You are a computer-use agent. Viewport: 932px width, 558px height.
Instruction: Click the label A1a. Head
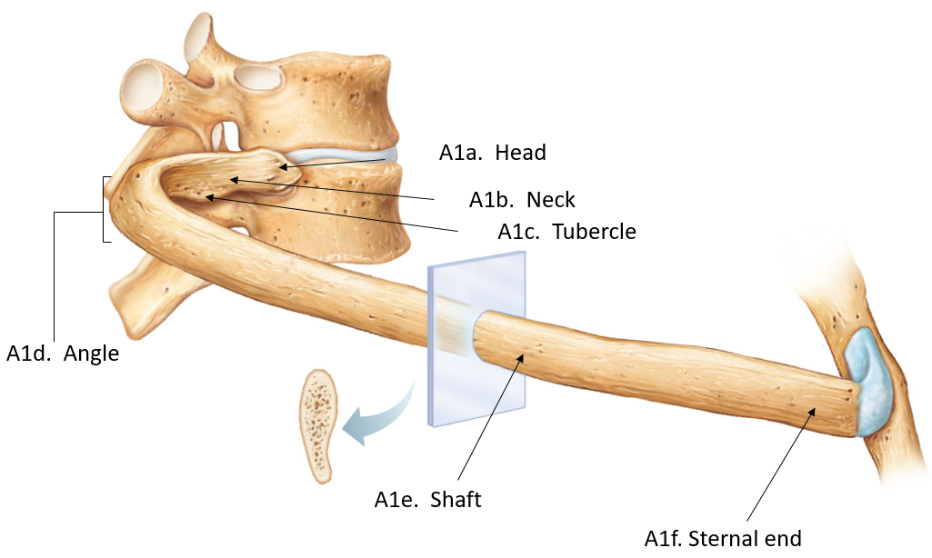click(x=492, y=153)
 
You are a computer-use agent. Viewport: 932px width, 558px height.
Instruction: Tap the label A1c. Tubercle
click(x=566, y=232)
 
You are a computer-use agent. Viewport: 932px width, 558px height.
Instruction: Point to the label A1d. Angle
click(x=63, y=354)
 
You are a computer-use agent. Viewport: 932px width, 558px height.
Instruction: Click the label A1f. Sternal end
click(x=723, y=539)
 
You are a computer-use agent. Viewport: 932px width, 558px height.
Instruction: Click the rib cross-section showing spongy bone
click(x=319, y=425)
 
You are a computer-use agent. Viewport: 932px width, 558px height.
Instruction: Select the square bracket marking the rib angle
click(x=106, y=210)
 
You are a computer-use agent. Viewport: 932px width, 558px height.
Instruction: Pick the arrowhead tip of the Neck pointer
click(x=230, y=179)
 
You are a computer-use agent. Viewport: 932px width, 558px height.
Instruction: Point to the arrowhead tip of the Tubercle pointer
click(x=206, y=195)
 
